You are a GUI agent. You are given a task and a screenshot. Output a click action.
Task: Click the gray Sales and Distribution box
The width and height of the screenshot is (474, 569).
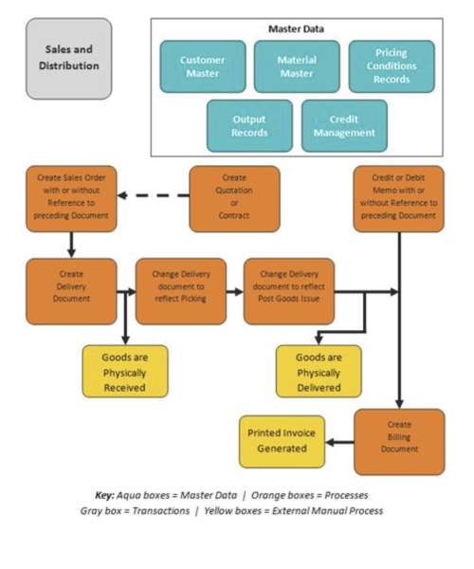coord(69,59)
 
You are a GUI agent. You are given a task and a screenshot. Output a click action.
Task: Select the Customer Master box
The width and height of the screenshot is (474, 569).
coord(203,66)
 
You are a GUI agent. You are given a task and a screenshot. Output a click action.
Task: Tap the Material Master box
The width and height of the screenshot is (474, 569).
coord(297,66)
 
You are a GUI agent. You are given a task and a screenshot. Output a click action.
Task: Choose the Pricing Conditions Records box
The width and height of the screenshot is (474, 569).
coord(392,66)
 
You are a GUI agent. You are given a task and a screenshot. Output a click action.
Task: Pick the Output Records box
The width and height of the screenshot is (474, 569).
coord(249,126)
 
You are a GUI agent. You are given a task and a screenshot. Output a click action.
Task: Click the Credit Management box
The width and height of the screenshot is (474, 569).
coord(344,126)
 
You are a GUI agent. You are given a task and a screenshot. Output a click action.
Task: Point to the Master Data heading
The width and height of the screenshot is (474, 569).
coord(297,29)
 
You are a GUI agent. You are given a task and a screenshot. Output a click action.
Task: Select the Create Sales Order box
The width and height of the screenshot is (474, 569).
coord(71,199)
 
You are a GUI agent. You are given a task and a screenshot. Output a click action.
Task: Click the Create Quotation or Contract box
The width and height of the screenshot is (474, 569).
coord(235,199)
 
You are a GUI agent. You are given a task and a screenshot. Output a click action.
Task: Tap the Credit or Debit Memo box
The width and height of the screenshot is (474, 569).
coord(398,199)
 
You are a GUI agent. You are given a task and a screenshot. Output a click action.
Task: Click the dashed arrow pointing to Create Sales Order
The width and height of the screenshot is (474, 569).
coord(154,195)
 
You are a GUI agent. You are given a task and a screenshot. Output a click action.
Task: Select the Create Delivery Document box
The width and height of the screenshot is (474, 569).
coord(71,291)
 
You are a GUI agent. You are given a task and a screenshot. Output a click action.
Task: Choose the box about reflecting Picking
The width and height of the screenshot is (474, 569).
coord(181,291)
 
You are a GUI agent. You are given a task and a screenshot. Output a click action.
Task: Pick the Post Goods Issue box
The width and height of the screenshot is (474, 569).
coord(289,291)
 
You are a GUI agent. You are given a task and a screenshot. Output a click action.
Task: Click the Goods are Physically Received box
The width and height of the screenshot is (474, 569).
coord(125,371)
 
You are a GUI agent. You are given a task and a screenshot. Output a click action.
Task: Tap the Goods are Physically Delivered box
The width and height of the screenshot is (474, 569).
coord(319,371)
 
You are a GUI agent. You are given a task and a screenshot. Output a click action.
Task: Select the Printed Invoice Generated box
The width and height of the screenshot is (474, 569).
coord(282,442)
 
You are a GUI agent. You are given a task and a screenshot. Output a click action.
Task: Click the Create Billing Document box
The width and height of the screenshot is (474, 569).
coord(399,442)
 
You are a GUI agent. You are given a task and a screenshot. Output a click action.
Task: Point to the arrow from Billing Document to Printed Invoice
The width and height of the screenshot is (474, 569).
coord(339,442)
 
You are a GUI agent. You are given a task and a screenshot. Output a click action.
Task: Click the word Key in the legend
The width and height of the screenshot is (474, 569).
coord(105,495)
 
